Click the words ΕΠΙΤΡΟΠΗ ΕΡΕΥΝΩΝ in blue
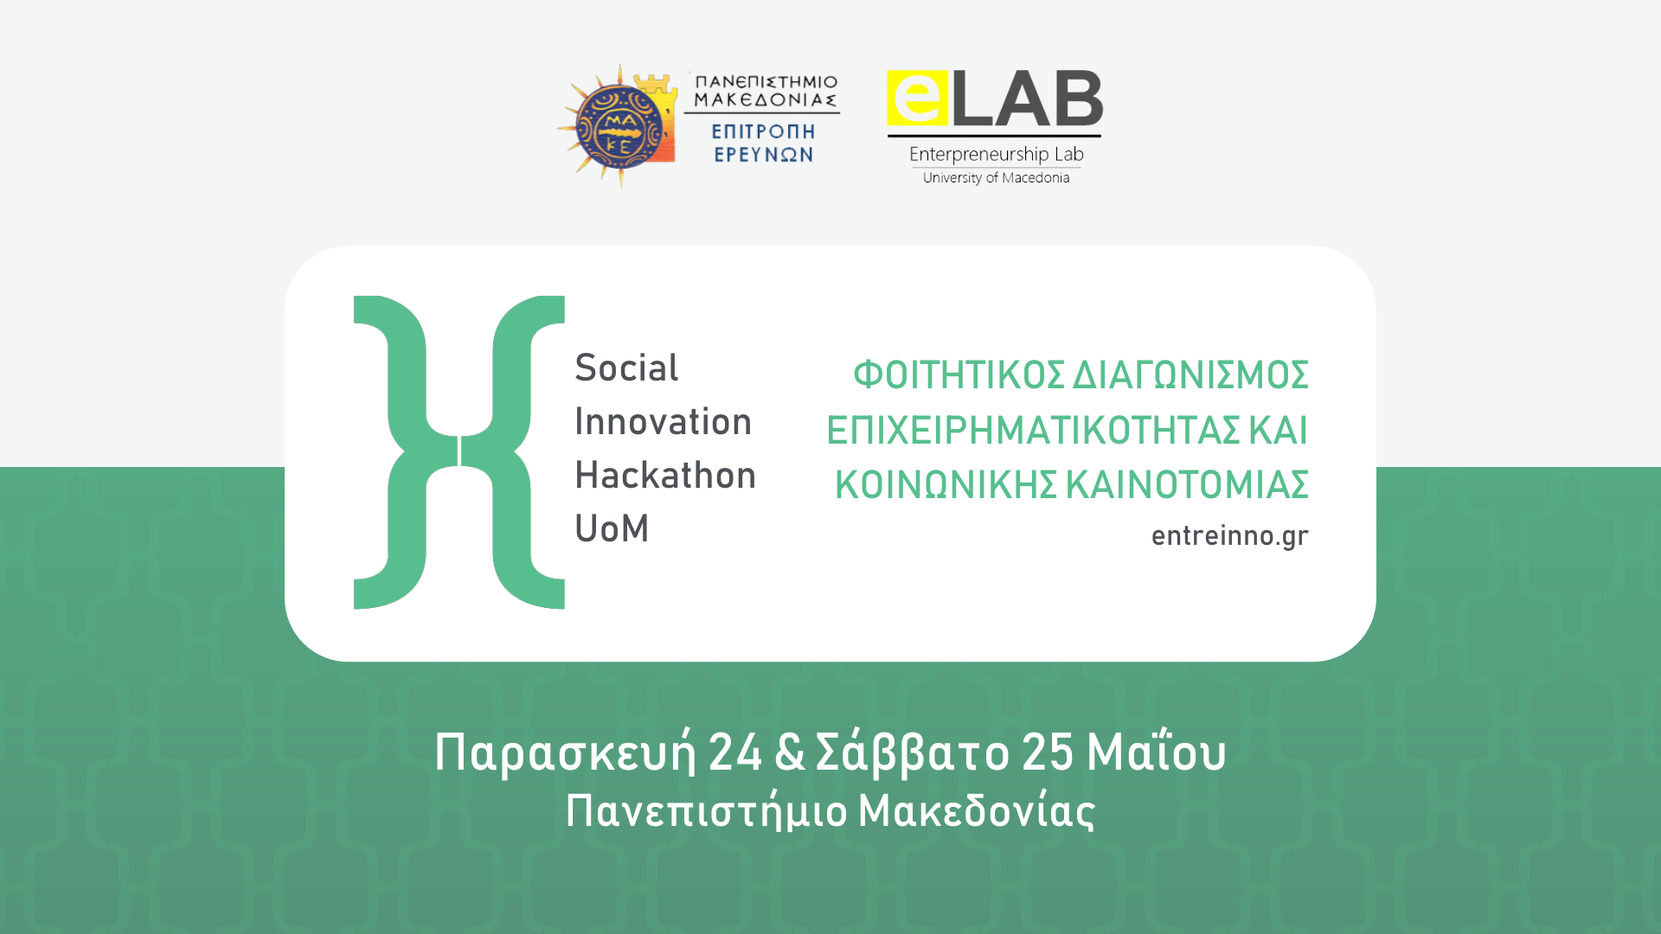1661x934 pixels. tap(763, 144)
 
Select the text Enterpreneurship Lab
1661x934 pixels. tap(996, 155)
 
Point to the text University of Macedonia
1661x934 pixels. tap(996, 178)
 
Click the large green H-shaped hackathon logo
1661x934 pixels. tap(459, 452)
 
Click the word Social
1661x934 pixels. tap(626, 368)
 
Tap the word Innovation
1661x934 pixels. tap(663, 422)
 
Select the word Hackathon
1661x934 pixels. tap(665, 476)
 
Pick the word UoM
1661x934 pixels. tap(612, 529)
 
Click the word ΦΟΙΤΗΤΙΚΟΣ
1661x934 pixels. tap(958, 375)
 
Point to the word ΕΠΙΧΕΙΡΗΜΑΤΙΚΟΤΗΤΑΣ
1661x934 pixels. tap(1033, 431)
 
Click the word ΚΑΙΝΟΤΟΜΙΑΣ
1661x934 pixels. tap(1186, 485)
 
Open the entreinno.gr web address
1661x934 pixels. tap(1229, 536)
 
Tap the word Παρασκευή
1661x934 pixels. tap(565, 752)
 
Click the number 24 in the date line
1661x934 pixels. tap(735, 752)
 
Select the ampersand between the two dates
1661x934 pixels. tap(789, 752)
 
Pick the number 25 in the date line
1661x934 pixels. tap(1048, 752)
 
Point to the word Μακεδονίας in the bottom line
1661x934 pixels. tap(976, 812)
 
